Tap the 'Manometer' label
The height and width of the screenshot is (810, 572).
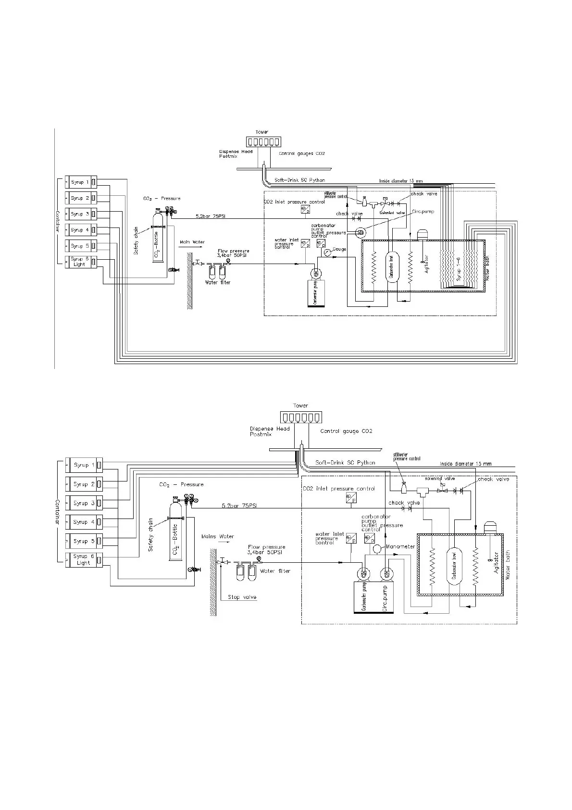coord(400,547)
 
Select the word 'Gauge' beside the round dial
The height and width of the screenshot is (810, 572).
coord(339,249)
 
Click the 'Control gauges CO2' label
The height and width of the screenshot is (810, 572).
coord(302,153)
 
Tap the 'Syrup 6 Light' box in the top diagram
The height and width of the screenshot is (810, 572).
coord(81,262)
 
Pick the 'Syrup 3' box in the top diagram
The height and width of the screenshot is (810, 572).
coord(81,214)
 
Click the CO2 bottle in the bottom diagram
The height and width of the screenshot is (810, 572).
coord(175,534)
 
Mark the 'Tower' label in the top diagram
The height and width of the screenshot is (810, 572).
coord(262,132)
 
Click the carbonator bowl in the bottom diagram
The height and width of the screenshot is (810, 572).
coord(454,566)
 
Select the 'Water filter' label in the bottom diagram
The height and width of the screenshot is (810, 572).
coord(275,571)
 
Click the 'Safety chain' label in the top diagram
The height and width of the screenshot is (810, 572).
coord(137,240)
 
